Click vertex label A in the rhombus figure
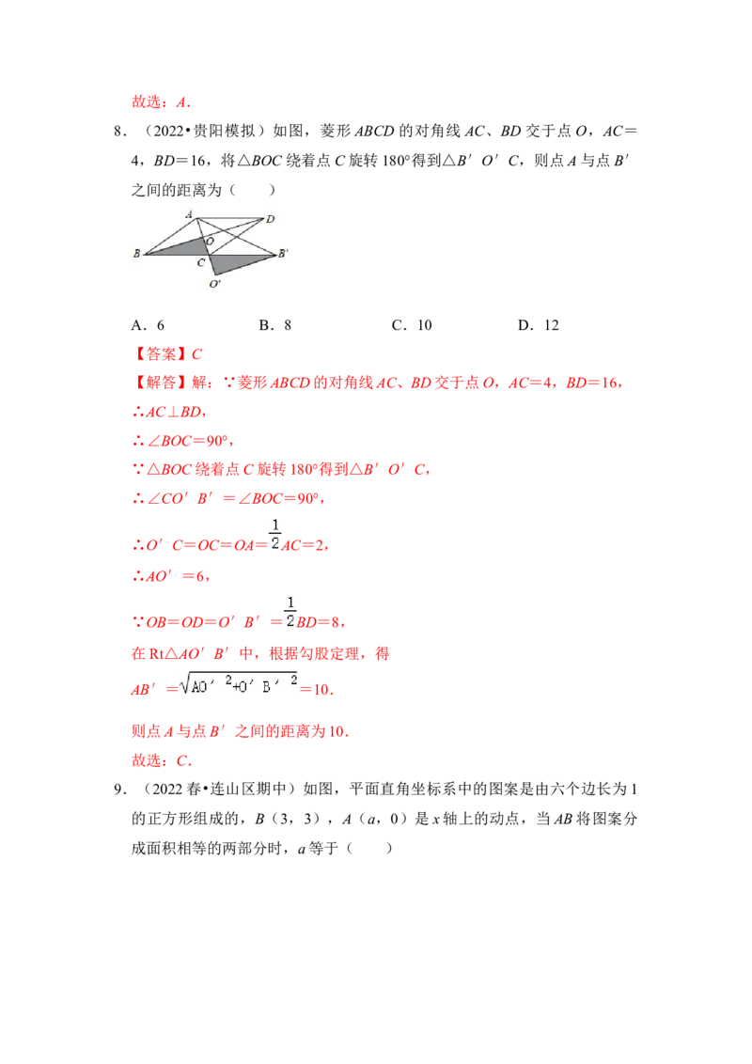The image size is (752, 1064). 189,214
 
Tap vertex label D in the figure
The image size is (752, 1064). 270,219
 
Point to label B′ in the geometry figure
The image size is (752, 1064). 283,253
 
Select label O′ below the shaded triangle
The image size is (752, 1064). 215,284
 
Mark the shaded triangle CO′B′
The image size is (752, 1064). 234,262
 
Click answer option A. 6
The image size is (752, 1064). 148,325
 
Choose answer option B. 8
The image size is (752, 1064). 274,325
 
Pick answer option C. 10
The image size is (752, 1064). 412,325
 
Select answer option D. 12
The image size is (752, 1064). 539,325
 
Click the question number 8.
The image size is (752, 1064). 120,131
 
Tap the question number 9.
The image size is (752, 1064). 120,790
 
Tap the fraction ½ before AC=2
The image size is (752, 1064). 274,534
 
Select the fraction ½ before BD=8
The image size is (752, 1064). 290,611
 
